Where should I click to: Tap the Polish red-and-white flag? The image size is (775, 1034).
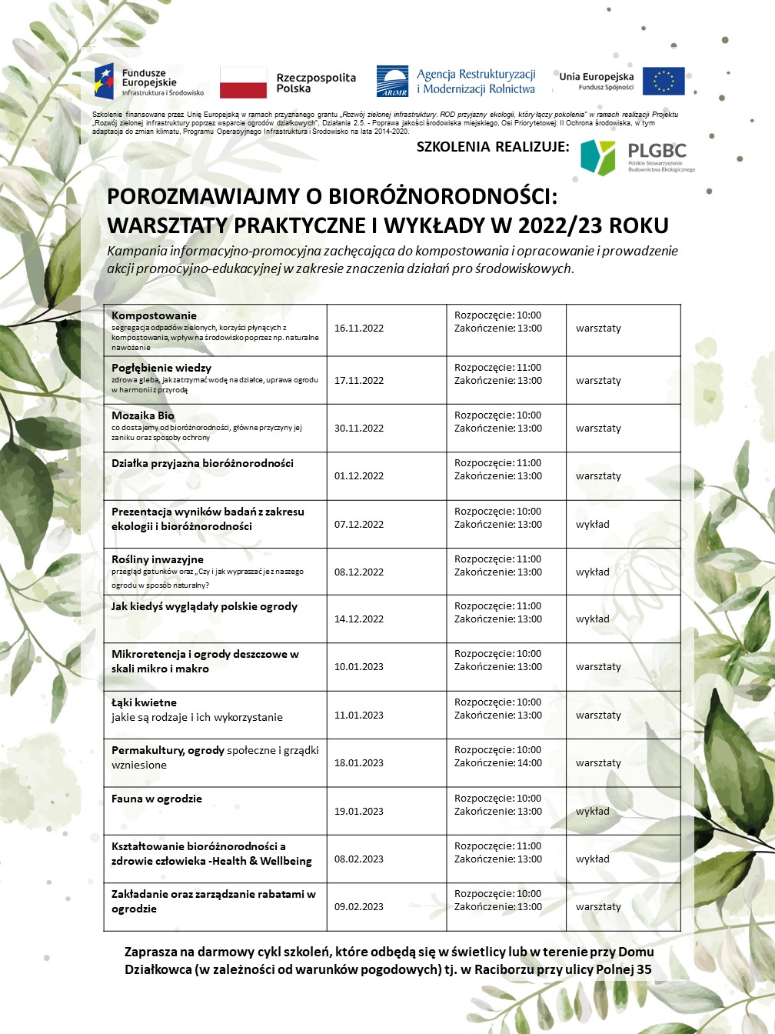click(243, 82)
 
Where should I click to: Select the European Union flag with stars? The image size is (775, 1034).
click(663, 82)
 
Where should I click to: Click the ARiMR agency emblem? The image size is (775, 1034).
click(392, 82)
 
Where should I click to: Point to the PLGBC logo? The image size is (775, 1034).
click(637, 157)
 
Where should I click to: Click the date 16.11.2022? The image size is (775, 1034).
click(358, 329)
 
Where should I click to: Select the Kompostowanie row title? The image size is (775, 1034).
click(154, 315)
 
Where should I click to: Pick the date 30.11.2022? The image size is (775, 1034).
click(358, 429)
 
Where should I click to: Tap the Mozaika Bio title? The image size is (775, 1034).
click(143, 415)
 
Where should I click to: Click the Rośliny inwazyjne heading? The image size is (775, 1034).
click(158, 559)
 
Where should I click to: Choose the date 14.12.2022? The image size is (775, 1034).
click(358, 619)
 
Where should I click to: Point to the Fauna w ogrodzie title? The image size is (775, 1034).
click(157, 799)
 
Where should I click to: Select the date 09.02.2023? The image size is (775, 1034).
click(358, 907)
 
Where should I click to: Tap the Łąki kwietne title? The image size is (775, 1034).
click(144, 702)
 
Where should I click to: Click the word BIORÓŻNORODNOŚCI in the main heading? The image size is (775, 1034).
click(442, 197)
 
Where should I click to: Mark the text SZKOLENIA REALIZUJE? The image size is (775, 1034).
click(493, 147)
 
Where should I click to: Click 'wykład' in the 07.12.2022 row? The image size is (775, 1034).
click(592, 525)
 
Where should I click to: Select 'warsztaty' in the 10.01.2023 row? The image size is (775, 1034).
click(598, 667)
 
